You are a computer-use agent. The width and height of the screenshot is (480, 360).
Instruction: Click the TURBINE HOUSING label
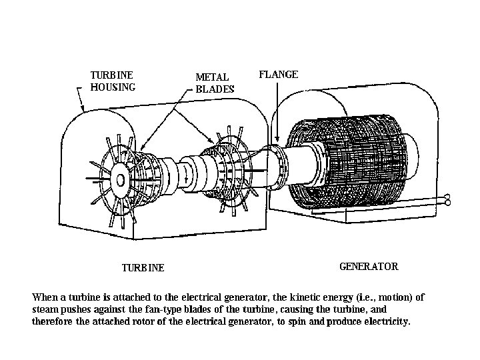point(113,80)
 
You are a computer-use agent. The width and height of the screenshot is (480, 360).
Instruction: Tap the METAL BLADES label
point(215,83)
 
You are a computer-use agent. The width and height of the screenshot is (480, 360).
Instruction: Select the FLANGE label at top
point(278,75)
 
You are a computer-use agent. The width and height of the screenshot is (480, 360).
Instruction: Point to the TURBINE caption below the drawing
point(143,268)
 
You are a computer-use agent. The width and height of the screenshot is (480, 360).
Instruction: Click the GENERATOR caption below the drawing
point(369,267)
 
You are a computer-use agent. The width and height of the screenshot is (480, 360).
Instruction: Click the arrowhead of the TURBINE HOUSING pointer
point(81,109)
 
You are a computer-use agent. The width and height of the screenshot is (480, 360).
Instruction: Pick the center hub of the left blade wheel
point(121,179)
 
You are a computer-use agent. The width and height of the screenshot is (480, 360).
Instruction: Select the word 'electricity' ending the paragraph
point(388,321)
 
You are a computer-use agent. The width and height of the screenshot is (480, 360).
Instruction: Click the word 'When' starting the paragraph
point(45,297)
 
